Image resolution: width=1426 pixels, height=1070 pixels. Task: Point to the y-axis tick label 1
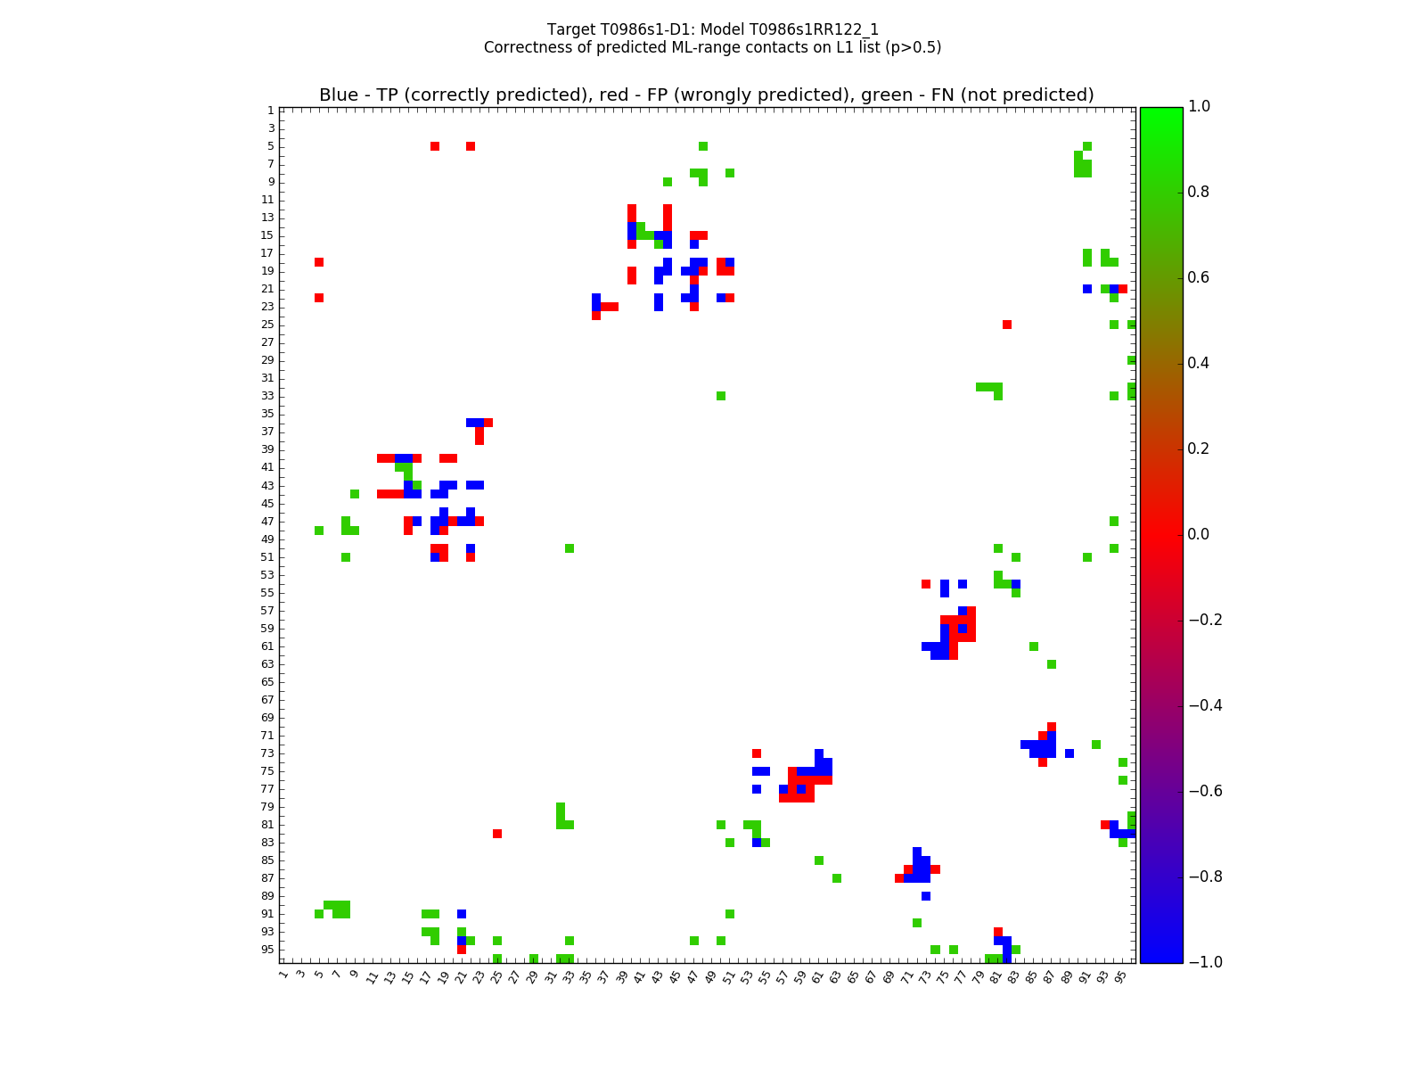270,111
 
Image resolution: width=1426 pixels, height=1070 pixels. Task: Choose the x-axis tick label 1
283,975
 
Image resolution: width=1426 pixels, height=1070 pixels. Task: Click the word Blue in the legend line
338,95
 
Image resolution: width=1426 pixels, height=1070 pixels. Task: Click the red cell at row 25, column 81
1007,325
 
